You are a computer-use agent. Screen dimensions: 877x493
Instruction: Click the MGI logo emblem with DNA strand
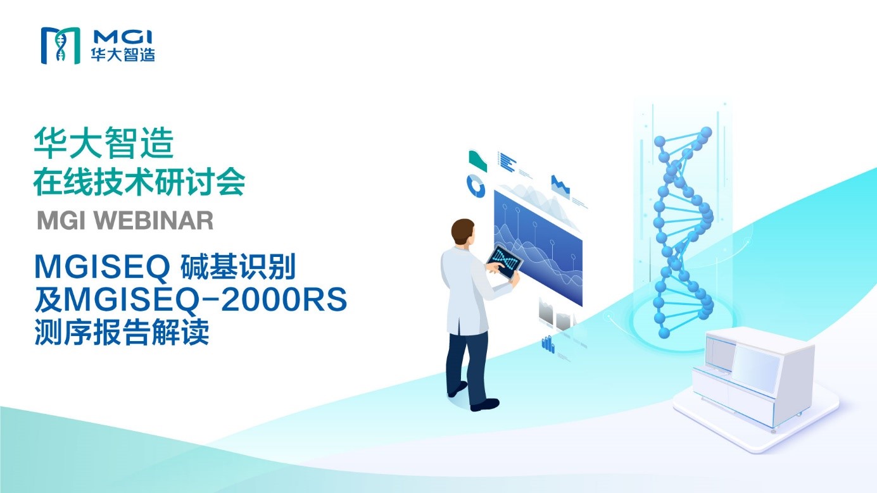(x=61, y=46)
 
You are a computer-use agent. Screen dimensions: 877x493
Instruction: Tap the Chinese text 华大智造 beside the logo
(x=123, y=54)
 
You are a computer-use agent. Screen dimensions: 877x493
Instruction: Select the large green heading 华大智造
(x=104, y=144)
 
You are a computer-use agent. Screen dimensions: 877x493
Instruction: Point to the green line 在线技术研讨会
(x=139, y=182)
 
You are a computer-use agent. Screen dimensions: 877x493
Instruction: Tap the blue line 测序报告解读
(x=122, y=332)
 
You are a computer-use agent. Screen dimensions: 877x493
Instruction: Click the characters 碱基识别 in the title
(x=237, y=267)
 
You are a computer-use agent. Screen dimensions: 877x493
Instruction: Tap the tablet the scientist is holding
(x=505, y=261)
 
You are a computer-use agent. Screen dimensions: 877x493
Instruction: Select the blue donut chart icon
(x=476, y=186)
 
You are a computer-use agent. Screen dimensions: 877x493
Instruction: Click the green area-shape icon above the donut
(x=477, y=160)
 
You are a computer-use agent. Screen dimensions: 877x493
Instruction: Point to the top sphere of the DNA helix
(x=705, y=133)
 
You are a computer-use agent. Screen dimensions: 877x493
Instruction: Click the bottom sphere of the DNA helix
(x=664, y=333)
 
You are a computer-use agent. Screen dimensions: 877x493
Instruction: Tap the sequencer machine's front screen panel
(x=755, y=370)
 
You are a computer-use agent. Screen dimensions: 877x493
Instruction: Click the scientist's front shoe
(x=485, y=404)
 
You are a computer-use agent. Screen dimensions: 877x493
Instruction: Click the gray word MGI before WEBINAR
(x=61, y=220)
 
